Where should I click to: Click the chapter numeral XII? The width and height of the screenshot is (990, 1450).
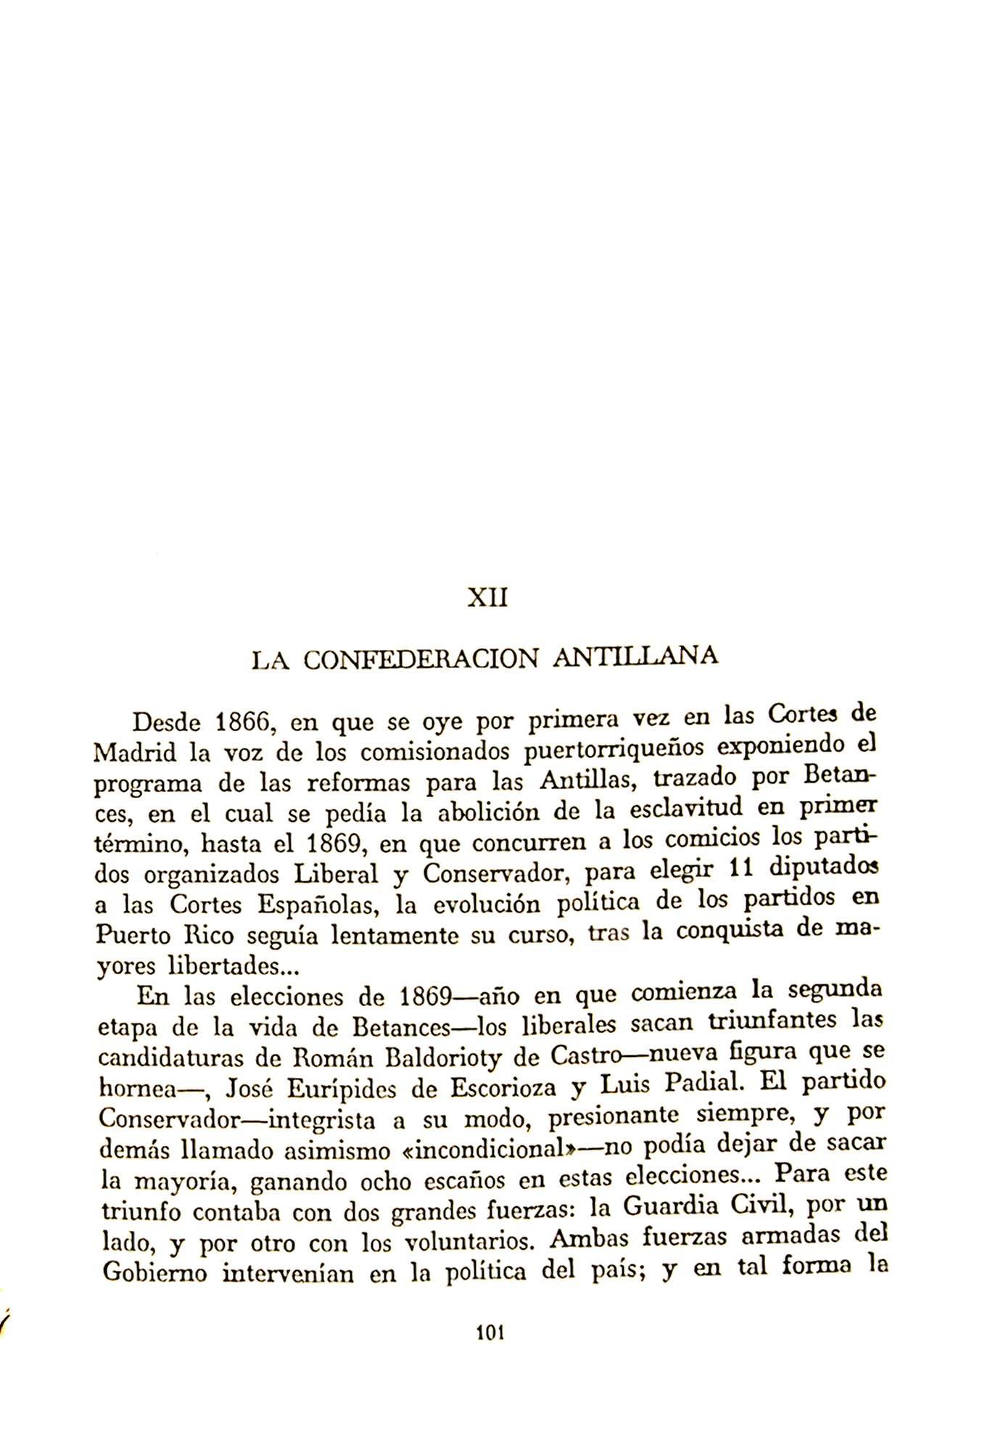click(x=487, y=599)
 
